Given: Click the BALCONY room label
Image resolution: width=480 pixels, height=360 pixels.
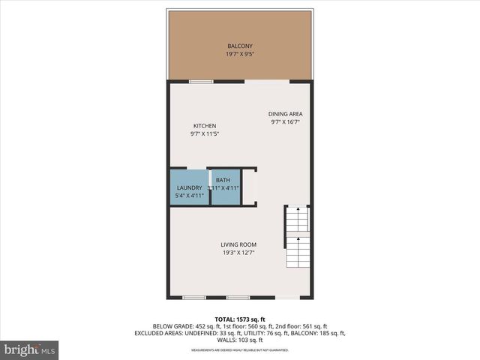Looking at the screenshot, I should [x=239, y=46].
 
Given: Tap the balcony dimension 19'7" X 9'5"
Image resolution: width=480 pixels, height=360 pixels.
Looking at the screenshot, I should [x=239, y=55].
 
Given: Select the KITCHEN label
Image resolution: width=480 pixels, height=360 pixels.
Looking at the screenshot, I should [x=205, y=126].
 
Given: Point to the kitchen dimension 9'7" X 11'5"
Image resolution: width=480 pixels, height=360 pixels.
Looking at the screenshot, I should [x=205, y=134].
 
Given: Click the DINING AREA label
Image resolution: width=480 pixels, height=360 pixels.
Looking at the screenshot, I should [x=286, y=114].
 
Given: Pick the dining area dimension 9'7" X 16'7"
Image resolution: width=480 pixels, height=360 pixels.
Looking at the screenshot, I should [x=286, y=122].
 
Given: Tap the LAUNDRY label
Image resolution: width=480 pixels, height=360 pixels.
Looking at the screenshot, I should [x=189, y=187].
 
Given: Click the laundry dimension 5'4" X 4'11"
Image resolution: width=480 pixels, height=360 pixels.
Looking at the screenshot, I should [x=189, y=196].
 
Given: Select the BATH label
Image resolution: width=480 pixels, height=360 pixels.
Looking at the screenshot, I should [x=223, y=180].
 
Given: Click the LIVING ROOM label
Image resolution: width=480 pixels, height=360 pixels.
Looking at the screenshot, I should [x=238, y=244].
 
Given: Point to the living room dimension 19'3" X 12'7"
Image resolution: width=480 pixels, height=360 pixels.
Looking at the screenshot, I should [x=238, y=253].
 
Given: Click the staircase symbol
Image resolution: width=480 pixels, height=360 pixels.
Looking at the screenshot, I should [x=298, y=238].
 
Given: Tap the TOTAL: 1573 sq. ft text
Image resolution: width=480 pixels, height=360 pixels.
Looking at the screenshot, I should [x=239, y=319].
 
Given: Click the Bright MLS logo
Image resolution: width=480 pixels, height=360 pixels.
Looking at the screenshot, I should [x=30, y=349].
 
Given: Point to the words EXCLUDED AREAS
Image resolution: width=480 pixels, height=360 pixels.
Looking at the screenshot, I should [x=160, y=333].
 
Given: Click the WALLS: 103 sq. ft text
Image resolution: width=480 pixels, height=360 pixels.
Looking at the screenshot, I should [x=240, y=340].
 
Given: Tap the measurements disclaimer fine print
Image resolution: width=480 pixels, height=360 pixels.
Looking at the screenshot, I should [x=239, y=349].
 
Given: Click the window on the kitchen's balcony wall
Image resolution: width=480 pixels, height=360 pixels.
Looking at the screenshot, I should [x=200, y=81].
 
